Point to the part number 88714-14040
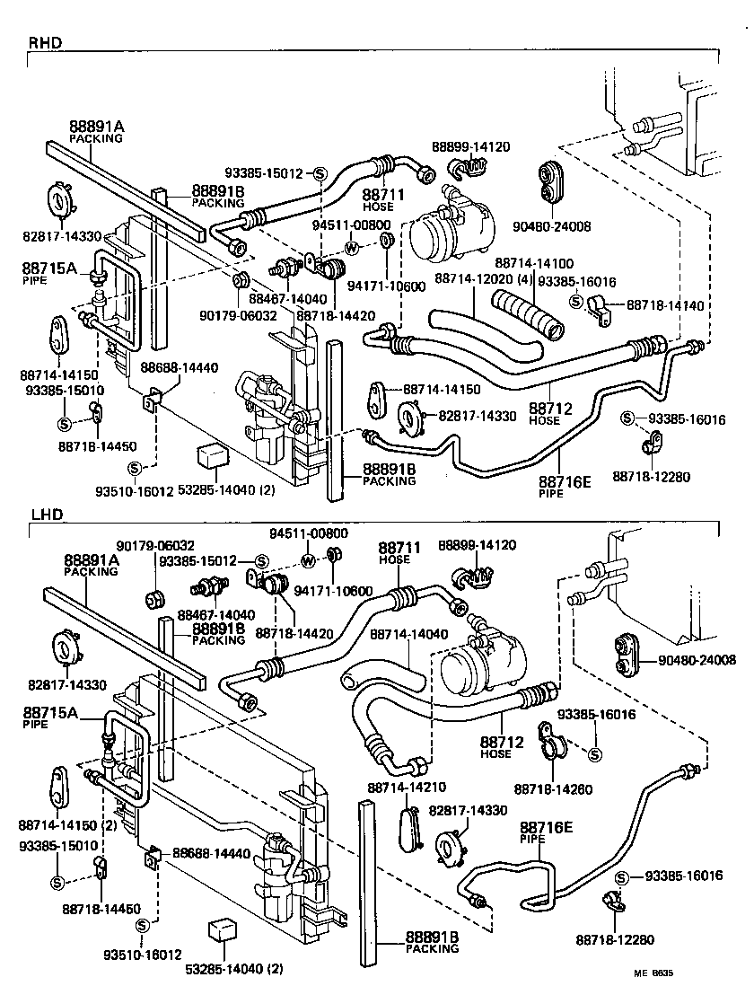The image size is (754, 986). point(408,634)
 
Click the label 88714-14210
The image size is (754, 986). point(399,787)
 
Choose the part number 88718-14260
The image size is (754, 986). point(554,788)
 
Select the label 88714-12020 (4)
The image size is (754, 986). point(479,279)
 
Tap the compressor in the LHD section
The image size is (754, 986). point(480,669)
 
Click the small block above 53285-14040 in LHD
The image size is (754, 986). point(221,930)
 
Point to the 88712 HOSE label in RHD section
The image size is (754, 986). point(549,413)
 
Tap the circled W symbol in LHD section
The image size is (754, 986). point(308,561)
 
